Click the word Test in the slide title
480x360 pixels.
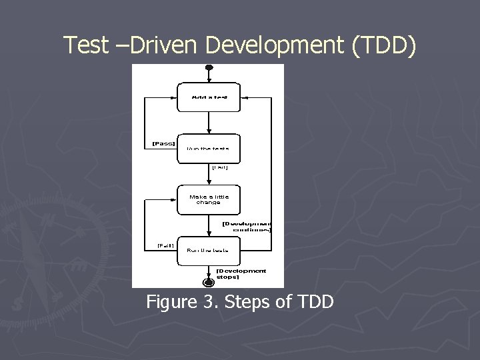coord(85,45)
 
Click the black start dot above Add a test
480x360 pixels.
coord(209,67)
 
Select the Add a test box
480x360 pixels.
coord(209,97)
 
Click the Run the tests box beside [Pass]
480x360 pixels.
coord(209,148)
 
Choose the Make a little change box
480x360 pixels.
coord(209,199)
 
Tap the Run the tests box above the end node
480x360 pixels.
coord(209,250)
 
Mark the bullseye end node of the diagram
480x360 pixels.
coord(209,283)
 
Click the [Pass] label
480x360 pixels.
coord(164,143)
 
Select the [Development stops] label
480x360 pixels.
coord(241,273)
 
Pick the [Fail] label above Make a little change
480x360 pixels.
coord(220,168)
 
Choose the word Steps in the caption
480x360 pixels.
coord(247,303)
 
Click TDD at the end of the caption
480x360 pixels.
coord(311,303)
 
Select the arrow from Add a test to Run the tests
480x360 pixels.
coord(209,122)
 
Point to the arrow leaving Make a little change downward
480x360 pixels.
coord(209,225)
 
